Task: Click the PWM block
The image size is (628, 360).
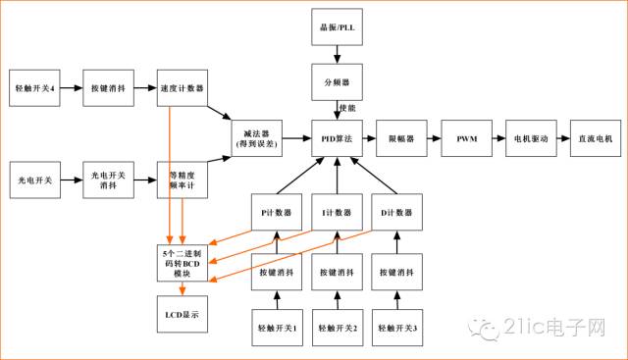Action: [x=466, y=138]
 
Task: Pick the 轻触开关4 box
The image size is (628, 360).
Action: [x=34, y=88]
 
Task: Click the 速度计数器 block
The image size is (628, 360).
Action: [x=182, y=88]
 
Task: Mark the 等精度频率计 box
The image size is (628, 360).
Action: [x=182, y=180]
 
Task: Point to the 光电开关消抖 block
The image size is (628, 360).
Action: [x=107, y=180]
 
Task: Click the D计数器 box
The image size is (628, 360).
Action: [x=397, y=212]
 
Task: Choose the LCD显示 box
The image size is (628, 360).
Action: [x=182, y=316]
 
